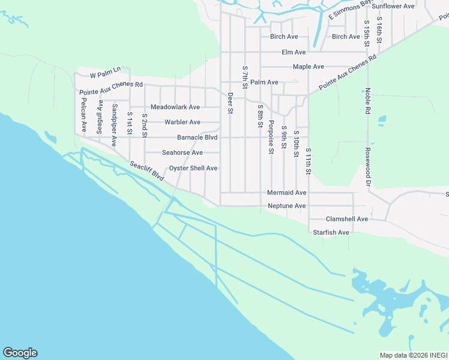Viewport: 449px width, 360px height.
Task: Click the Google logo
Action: [x=20, y=353]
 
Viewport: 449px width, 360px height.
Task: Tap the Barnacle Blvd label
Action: [x=197, y=137]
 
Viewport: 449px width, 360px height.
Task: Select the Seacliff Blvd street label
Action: [x=147, y=171]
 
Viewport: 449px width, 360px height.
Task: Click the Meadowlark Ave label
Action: [x=175, y=107]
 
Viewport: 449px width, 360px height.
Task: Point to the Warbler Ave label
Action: [x=182, y=122]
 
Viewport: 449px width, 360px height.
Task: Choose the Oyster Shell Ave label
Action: [x=193, y=168]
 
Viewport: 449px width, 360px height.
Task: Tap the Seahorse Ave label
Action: [x=182, y=152]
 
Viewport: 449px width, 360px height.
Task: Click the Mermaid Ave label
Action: [x=287, y=193]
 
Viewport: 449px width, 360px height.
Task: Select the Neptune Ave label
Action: [x=287, y=206]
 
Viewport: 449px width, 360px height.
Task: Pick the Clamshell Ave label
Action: [x=346, y=219]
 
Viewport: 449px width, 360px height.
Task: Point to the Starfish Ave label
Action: [x=331, y=232]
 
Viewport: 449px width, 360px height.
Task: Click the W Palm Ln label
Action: [x=105, y=75]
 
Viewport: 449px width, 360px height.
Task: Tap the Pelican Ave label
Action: [x=84, y=116]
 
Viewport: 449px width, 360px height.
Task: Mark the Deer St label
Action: [x=230, y=102]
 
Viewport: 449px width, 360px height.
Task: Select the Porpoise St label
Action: [x=271, y=139]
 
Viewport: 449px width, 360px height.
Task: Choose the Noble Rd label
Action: [x=367, y=101]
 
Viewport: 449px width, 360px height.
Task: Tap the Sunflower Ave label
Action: [x=393, y=6]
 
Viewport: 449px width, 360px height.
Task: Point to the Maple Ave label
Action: [x=309, y=67]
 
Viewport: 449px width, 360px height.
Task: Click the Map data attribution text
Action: [x=414, y=355]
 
